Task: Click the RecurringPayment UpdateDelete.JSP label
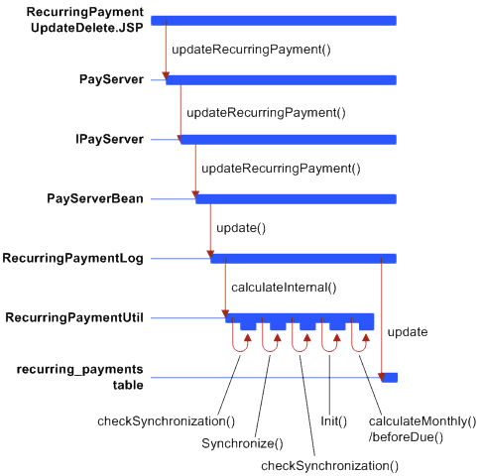tap(85, 20)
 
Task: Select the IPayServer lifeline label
tap(109, 139)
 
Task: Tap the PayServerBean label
tap(95, 198)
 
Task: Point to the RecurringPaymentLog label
tap(73, 258)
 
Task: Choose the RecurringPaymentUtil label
tap(74, 317)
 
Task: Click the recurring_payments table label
tap(80, 377)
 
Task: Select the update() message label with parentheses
tap(241, 228)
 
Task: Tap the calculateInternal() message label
tap(284, 288)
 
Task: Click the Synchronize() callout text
tap(242, 443)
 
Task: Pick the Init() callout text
tap(334, 421)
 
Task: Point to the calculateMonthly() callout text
tap(422, 421)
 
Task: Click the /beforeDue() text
tap(406, 437)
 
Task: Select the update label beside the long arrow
tap(408, 332)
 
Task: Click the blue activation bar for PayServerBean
tap(296, 199)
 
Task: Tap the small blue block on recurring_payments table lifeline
tap(390, 378)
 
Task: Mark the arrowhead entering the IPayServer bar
tap(181, 139)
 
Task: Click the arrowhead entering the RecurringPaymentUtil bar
tap(225, 313)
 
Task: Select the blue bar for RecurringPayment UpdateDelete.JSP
tap(274, 21)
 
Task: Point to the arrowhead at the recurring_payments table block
tap(382, 377)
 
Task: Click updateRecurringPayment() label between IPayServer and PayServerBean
tap(281, 169)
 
